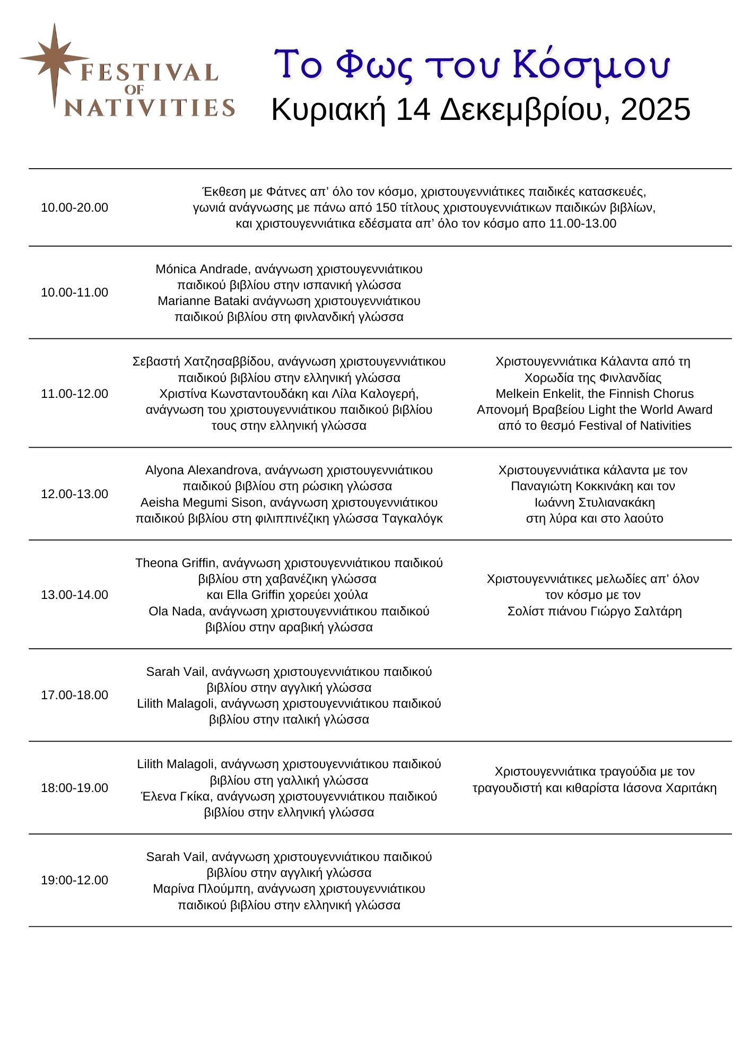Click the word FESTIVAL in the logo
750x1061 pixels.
[149, 72]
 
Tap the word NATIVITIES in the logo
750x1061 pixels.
[150, 108]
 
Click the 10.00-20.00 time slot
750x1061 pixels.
[74, 207]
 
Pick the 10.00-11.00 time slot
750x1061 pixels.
[74, 292]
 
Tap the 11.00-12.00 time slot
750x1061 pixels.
[74, 394]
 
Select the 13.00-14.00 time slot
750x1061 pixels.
[74, 595]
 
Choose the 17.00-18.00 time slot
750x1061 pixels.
[74, 695]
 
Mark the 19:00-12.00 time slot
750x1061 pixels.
[74, 880]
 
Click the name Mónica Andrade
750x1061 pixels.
[202, 269]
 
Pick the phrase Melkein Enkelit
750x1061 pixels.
[538, 394]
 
